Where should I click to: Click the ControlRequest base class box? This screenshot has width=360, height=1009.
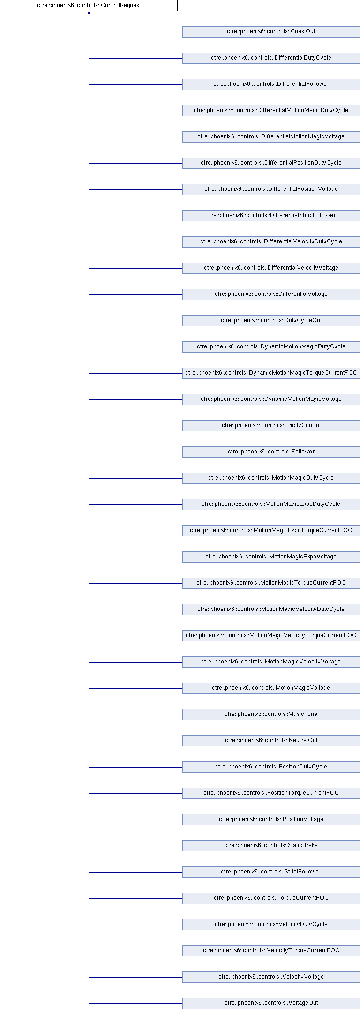pos(89,6)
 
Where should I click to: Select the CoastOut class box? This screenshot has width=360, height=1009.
pos(271,32)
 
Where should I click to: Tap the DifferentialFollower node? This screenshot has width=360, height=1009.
pos(271,84)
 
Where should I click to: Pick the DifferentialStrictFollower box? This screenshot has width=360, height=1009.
pos(271,216)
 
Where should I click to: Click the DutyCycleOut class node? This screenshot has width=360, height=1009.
pos(271,321)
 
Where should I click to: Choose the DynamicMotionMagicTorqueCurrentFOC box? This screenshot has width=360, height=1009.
pos(271,373)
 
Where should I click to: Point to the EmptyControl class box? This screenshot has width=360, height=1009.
pos(271,426)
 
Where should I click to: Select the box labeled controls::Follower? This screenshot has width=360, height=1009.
pos(271,452)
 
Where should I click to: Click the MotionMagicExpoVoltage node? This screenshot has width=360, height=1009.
pos(271,557)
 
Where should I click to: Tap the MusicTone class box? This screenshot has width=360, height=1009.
pos(271,715)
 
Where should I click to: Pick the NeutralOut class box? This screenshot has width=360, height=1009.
pos(271,741)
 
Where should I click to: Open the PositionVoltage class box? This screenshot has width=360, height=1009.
pos(271,820)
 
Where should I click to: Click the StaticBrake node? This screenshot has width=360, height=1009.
pos(271,846)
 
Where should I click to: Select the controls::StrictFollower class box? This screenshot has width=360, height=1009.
pos(271,872)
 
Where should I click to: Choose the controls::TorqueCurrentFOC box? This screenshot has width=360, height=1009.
pos(271,898)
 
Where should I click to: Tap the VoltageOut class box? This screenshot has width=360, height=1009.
pos(271,1003)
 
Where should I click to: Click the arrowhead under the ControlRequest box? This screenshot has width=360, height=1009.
pos(89,13)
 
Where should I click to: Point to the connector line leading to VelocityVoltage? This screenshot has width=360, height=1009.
pos(135,977)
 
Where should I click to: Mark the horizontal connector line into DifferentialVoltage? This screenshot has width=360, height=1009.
pos(135,294)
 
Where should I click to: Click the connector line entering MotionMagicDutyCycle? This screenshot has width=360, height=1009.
pos(135,478)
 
